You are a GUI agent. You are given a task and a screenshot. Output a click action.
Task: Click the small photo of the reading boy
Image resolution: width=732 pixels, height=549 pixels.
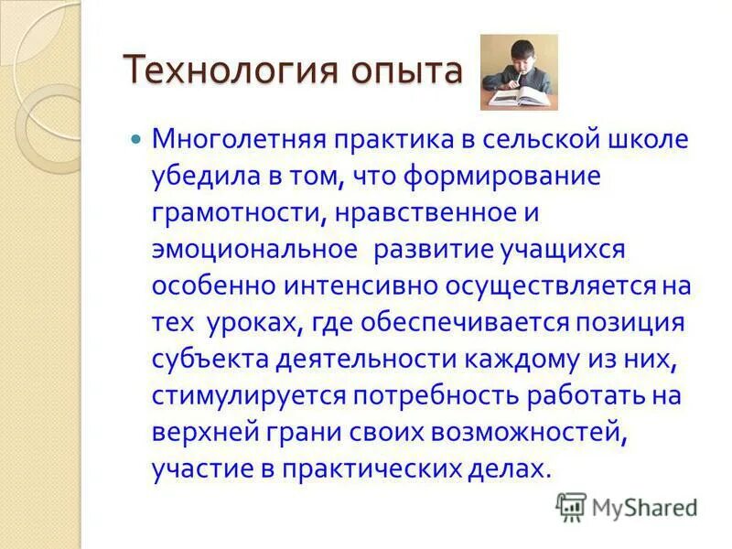[519, 72]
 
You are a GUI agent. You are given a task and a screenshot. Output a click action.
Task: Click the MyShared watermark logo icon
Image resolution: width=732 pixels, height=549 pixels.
[571, 506]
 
